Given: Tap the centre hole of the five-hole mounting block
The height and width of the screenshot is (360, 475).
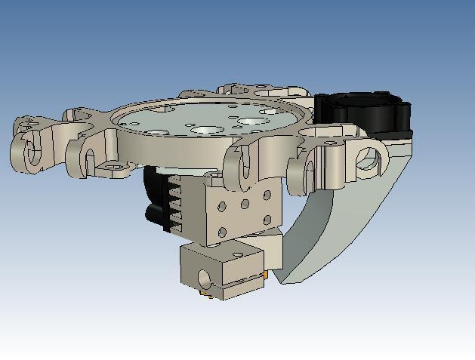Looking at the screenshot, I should coord(245,204).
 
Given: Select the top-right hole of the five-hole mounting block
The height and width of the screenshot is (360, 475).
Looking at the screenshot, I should coord(267,195).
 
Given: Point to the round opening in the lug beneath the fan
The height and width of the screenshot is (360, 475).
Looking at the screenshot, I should coord(368,159).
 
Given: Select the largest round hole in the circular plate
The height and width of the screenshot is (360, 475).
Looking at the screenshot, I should coord(249,119).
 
